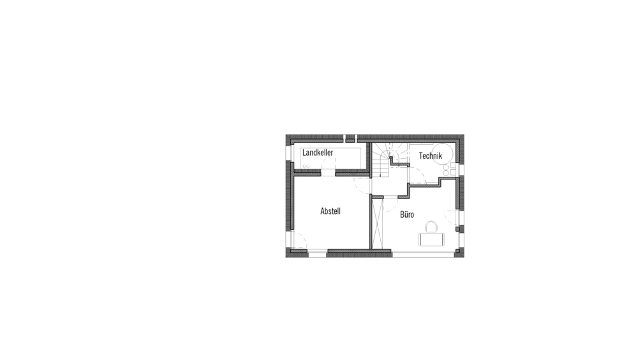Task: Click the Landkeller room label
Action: point(317,153)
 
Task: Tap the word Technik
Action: point(430,156)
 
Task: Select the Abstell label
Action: point(330,211)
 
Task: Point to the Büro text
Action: point(407,214)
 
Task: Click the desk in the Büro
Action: point(431,239)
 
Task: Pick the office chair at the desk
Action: point(431,227)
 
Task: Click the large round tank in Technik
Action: point(442,154)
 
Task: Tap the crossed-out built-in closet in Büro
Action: point(378,223)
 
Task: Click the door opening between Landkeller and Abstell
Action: point(328,174)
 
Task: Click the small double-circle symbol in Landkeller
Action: point(306,166)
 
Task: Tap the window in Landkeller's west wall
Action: point(288,153)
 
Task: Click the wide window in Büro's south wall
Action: point(423,254)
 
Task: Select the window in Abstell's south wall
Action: point(317,254)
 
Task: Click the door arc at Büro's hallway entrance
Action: point(390,206)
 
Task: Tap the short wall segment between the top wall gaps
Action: point(350,139)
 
